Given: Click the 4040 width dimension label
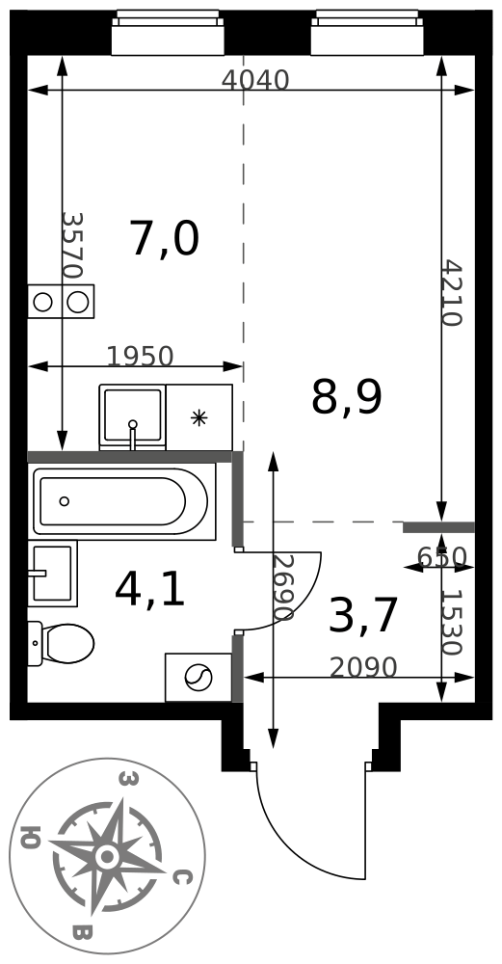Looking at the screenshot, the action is coord(255,80).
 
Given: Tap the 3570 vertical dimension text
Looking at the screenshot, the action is coord(72,245).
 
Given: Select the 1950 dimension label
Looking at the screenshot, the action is coord(140,357).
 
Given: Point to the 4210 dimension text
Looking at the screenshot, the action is coord(452,293).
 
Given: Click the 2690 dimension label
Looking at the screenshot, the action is coord(283,588).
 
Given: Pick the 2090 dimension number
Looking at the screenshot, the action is coord(364,668).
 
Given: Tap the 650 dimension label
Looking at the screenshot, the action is coord(442,557).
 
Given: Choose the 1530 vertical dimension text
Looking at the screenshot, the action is coord(452,623).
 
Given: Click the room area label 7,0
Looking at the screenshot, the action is coord(165,240).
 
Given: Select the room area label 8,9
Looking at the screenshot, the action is coord(347,398).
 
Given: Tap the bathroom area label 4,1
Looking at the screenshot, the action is coord(150,592).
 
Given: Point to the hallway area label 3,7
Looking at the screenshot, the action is coord(364,616).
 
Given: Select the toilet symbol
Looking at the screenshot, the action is coord(61,643).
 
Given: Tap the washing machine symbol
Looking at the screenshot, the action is coord(198,677).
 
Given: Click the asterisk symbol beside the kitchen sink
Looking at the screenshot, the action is coord(198,418).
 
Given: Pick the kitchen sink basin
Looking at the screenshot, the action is coord(132,416).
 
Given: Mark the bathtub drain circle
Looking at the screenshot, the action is coord(65,501).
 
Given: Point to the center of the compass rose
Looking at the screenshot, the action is coord(107,856).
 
